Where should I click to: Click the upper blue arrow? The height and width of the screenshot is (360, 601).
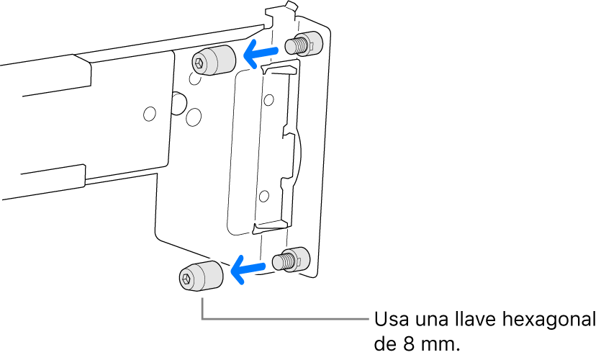(261, 53)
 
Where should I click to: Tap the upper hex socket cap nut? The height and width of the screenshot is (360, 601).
(213, 60)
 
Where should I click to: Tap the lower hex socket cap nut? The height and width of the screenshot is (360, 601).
(201, 276)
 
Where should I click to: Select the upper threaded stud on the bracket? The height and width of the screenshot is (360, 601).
(304, 44)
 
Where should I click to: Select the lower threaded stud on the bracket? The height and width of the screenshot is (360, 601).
(291, 259)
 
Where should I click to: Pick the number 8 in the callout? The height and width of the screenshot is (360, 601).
(408, 344)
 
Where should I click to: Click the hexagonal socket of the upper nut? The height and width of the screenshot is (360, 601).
(199, 63)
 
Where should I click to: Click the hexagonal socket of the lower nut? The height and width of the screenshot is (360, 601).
(186, 279)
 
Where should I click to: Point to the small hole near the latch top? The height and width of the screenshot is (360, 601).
(269, 99)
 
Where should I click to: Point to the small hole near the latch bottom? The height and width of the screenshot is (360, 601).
(263, 196)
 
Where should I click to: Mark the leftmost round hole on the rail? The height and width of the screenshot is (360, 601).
(150, 114)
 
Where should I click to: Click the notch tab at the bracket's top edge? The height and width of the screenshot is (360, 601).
(291, 6)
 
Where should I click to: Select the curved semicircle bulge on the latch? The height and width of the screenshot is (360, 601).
(298, 155)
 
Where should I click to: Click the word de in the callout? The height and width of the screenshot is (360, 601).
(385, 344)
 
